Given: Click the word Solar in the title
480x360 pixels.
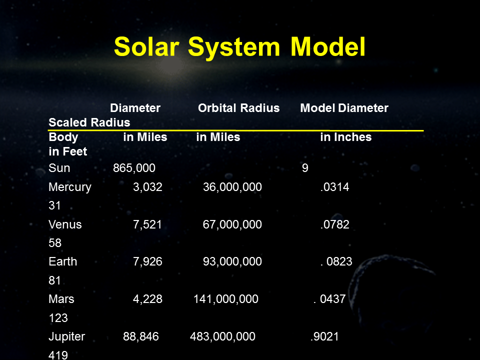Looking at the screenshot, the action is pyautogui.click(x=146, y=46).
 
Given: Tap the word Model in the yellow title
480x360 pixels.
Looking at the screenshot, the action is pyautogui.click(x=328, y=46).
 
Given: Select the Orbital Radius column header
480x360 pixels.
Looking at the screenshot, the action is pyautogui.click(x=239, y=108).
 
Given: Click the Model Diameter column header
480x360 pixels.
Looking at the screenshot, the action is pyautogui.click(x=344, y=108).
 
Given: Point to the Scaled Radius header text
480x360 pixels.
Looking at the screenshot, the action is pyautogui.click(x=89, y=122).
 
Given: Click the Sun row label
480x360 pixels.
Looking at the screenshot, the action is pyautogui.click(x=59, y=168).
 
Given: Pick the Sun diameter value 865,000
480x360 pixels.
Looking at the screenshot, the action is pyautogui.click(x=134, y=168).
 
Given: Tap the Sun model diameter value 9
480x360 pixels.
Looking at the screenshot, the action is pyautogui.click(x=305, y=168).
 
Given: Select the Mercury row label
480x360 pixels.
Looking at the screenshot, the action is pyautogui.click(x=70, y=187).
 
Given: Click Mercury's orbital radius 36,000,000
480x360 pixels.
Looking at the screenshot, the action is pyautogui.click(x=232, y=187).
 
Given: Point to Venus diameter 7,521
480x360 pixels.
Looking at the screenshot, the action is pyautogui.click(x=147, y=224).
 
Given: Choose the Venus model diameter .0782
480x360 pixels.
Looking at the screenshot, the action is pyautogui.click(x=334, y=224).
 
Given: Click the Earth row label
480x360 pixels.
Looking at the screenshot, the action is pyautogui.click(x=63, y=261).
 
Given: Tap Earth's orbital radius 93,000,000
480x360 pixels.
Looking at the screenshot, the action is pyautogui.click(x=232, y=261).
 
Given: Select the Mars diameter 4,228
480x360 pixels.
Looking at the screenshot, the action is pyautogui.click(x=147, y=299).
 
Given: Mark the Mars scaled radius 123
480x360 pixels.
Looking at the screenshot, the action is pyautogui.click(x=58, y=318).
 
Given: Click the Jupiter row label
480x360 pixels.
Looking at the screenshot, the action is pyautogui.click(x=66, y=336).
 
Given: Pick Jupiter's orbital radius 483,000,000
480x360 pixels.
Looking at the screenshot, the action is pyautogui.click(x=222, y=336).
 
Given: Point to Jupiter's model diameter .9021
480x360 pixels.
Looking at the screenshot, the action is pyautogui.click(x=324, y=336).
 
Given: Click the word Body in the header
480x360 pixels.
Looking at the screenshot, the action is pyautogui.click(x=63, y=137).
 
